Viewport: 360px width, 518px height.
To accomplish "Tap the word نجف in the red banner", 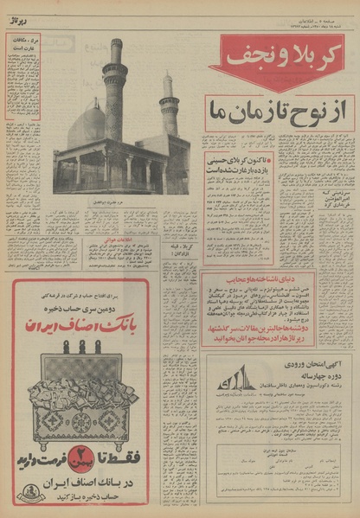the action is pyautogui.click(x=246, y=55).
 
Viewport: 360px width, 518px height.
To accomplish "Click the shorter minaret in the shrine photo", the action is pyautogui.click(x=169, y=106).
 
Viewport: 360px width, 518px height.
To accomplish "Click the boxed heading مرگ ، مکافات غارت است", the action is pyautogui.click(x=23, y=44).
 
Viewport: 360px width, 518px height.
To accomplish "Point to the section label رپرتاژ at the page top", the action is pyautogui.click(x=18, y=21).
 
